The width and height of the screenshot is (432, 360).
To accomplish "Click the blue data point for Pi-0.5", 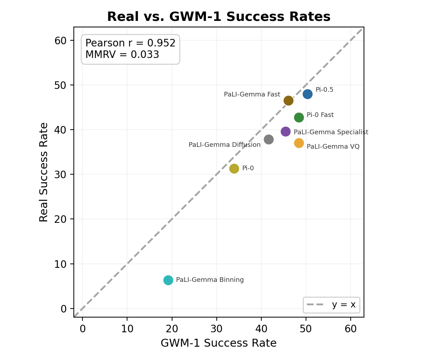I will coord(307,94).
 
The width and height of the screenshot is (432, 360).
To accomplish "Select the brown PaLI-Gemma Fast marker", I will coord(288,100).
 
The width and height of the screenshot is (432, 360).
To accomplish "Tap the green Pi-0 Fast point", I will coord(299,117).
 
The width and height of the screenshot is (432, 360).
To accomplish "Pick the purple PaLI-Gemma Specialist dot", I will coord(285,131).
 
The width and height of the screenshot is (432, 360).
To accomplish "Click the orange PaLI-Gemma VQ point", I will coord(299,143).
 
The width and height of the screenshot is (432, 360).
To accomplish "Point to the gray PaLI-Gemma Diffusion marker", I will coord(269,139).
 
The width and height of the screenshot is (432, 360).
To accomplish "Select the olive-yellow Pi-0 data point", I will coord(234,168).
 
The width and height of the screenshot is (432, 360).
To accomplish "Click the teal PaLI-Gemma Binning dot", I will coord(168,280).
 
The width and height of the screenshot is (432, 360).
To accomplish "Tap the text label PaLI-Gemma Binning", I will coord(210,280).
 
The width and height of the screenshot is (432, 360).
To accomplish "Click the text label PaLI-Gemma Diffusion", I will coord(224,145).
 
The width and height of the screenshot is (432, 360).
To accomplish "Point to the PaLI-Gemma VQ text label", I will coord(333,147).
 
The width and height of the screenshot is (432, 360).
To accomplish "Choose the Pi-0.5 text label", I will coord(324,90).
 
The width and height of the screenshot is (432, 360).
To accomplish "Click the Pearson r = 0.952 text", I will coord(130,43).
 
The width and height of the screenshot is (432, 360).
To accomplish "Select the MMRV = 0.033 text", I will coord(122,55).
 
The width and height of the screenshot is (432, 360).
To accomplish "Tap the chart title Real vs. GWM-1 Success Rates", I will coord(219,17).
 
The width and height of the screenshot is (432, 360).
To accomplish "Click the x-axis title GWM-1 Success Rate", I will coord(219,343).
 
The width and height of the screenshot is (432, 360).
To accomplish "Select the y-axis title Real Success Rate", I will coord(44,172).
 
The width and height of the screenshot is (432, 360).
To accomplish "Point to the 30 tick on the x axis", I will coord(217,329).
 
